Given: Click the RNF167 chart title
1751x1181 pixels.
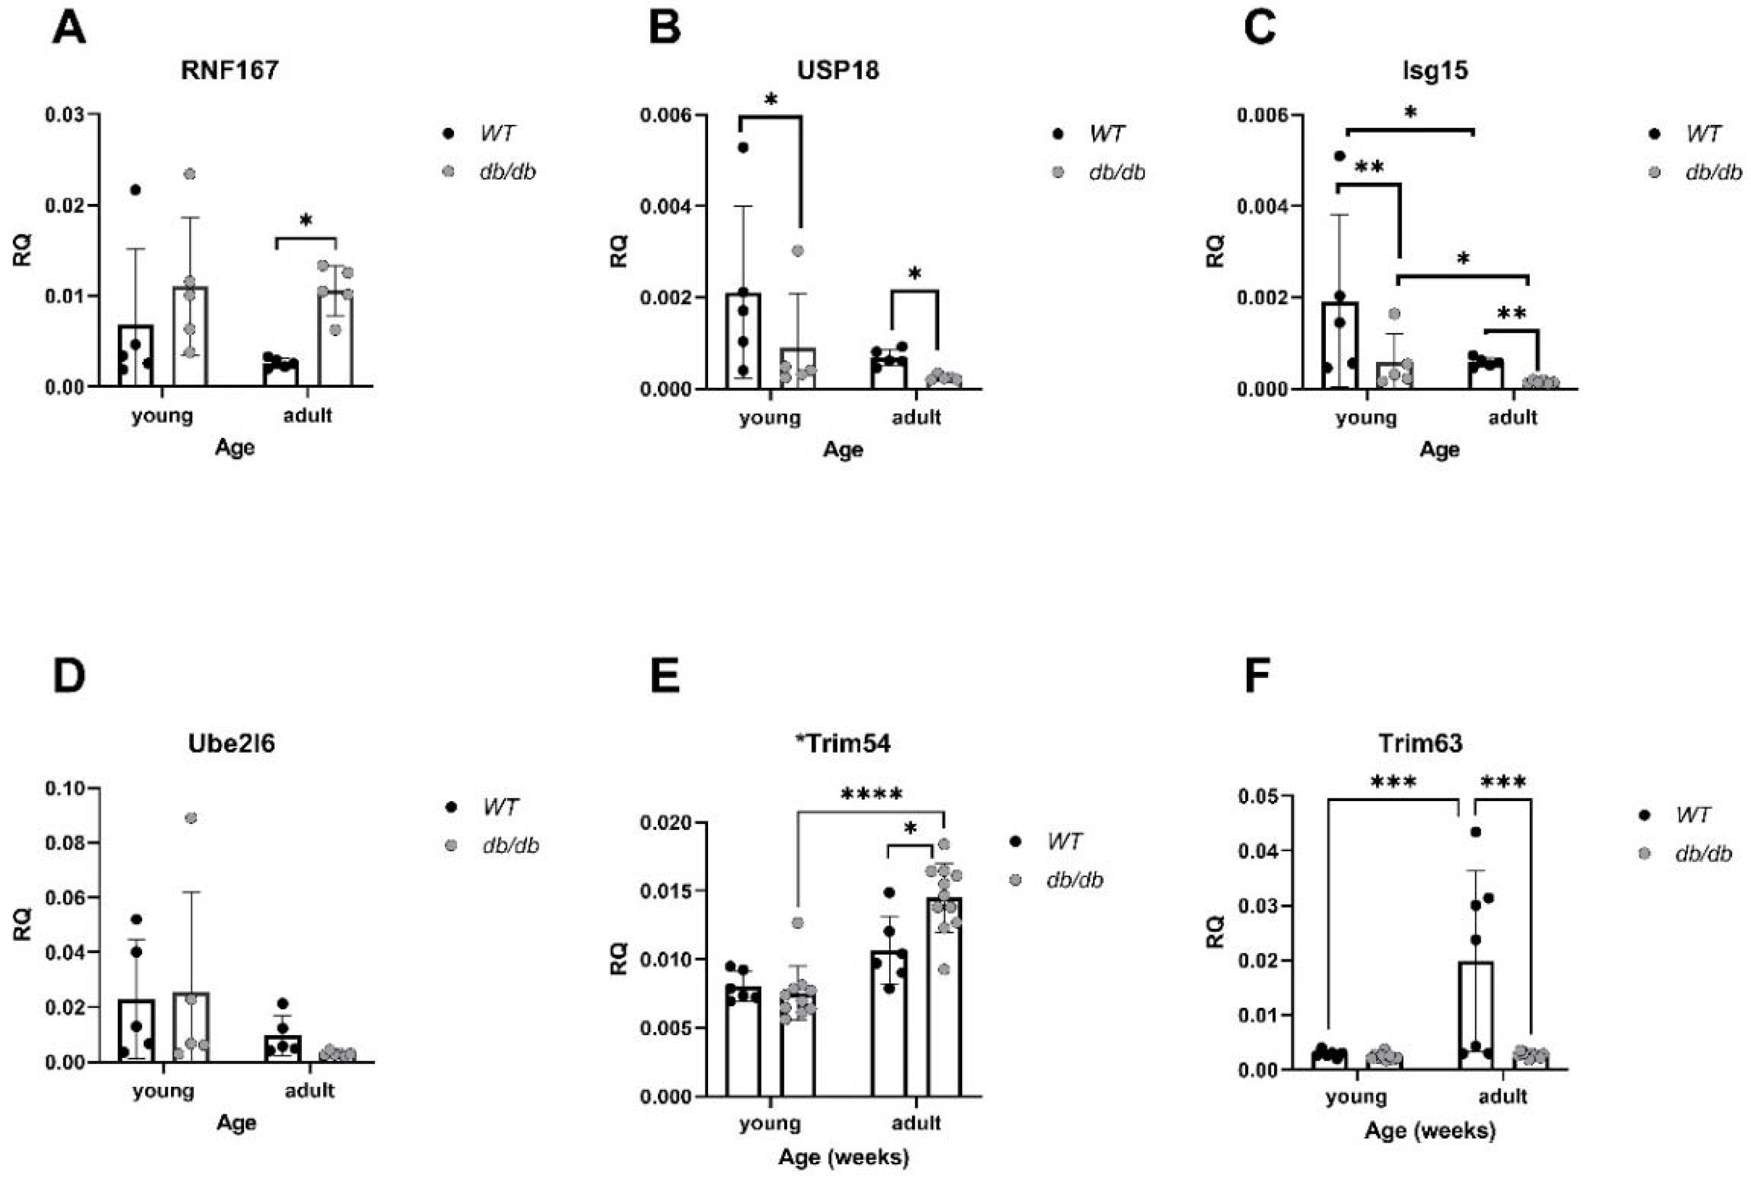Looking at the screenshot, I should click(x=230, y=70).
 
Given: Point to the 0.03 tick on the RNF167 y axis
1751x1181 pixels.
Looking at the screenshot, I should click(x=71, y=115).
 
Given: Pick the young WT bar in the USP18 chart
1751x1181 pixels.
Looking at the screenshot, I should click(x=743, y=343).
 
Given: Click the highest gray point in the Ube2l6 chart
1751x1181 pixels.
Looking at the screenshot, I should click(x=191, y=817).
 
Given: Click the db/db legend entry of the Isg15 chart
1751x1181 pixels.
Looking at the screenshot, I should click(x=1713, y=173).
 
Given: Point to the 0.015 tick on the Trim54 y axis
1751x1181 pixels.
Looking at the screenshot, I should click(x=666, y=891).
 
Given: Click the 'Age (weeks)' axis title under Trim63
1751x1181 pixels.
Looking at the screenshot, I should click(x=1430, y=1130).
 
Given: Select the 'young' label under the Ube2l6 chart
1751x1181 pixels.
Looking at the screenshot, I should click(x=163, y=1090).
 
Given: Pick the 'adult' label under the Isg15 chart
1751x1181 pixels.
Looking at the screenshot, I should click(x=1512, y=417).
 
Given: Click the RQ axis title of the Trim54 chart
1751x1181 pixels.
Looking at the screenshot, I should click(x=619, y=959).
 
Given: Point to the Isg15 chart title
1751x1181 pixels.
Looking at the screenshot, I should click(x=1435, y=70).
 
